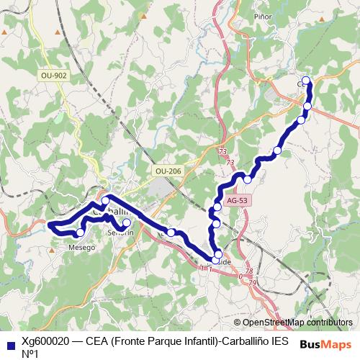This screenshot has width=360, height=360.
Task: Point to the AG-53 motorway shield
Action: point(236,201)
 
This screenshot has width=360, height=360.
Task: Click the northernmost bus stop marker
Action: point(306,80)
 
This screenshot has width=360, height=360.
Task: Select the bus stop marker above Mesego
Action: point(80,233)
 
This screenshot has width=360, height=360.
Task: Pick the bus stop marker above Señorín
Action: point(127,223)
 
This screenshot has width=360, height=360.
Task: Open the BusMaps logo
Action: point(324,344)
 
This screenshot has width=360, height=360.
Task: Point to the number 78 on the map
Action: point(249,272)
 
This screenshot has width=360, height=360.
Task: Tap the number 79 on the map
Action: point(253,283)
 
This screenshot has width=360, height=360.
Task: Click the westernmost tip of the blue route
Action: point(50,226)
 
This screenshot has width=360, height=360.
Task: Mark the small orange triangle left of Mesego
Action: point(52,250)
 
